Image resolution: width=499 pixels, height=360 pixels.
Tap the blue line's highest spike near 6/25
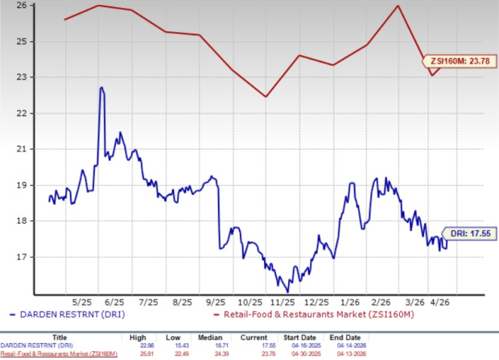tap(101, 87)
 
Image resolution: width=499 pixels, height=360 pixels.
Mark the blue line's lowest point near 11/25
tap(287, 292)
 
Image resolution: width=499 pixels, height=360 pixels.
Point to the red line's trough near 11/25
tap(266, 97)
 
